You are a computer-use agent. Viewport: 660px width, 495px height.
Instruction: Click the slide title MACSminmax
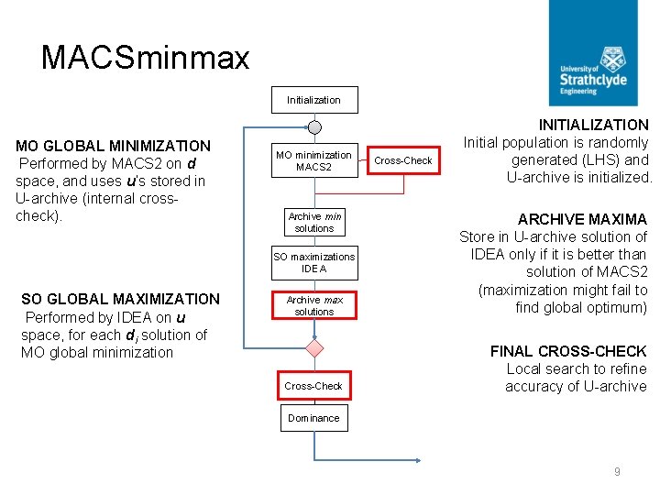tap(145, 59)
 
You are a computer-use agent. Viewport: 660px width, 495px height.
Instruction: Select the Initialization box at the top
tap(313, 100)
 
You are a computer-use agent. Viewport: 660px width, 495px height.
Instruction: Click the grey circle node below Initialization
tap(314, 126)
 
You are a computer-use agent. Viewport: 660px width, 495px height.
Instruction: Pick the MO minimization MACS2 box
tap(314, 160)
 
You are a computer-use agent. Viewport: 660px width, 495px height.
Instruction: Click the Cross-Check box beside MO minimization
tap(403, 160)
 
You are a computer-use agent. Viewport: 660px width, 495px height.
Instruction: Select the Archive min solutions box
tap(314, 222)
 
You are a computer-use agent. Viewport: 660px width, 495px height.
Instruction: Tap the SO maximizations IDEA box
tap(314, 263)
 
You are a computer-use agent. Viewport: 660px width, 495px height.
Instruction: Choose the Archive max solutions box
tap(314, 305)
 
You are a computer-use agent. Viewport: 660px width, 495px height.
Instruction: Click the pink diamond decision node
tap(314, 348)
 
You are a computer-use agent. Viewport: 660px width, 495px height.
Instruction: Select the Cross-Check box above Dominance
tap(313, 386)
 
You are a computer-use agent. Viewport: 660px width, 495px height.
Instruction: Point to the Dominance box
tap(313, 418)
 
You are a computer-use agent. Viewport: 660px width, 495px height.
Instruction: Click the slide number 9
tap(617, 472)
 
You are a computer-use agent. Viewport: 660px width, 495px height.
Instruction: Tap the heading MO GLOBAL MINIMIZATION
tap(114, 146)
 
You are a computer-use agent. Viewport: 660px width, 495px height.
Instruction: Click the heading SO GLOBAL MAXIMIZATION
tap(120, 299)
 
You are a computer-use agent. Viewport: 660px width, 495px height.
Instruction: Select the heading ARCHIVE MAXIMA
tap(582, 219)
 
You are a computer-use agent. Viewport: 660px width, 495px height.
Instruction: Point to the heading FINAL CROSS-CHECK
tap(568, 351)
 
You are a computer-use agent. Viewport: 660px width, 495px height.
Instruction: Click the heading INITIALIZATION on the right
tap(593, 125)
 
